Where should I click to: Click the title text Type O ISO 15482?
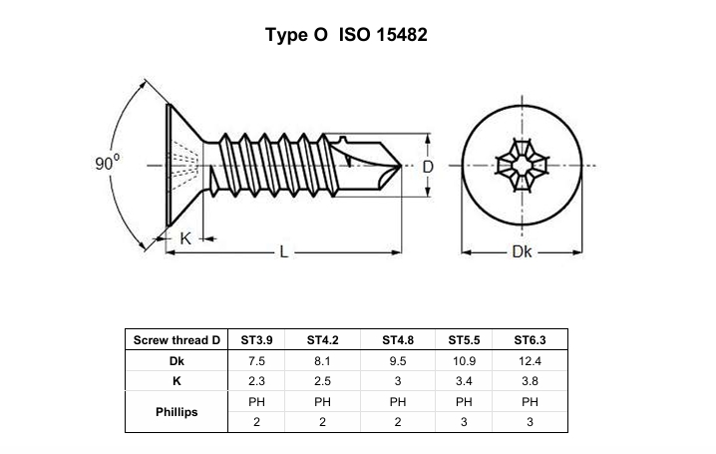pos(346,35)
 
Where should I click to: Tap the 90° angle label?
pos(108,163)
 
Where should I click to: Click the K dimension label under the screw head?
pos(185,238)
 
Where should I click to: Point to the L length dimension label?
pos(284,251)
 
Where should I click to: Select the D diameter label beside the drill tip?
pos(428,168)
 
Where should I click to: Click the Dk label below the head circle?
pos(522,251)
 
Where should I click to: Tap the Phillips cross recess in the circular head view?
pos(522,166)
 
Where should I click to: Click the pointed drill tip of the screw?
pos(401,166)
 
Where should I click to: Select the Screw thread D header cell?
pos(177,340)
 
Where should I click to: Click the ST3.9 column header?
pos(256,340)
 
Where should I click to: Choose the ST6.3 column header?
pos(530,340)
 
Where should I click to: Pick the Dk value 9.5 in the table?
pos(398,361)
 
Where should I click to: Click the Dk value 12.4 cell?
pos(530,361)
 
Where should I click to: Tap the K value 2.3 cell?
pos(256,381)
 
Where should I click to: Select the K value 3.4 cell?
pos(464,381)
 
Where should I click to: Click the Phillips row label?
pos(177,412)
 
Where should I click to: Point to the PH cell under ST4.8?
pos(398,402)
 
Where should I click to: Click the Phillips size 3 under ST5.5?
pos(464,422)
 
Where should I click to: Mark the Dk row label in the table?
pos(177,361)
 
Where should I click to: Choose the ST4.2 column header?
pos(322,340)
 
